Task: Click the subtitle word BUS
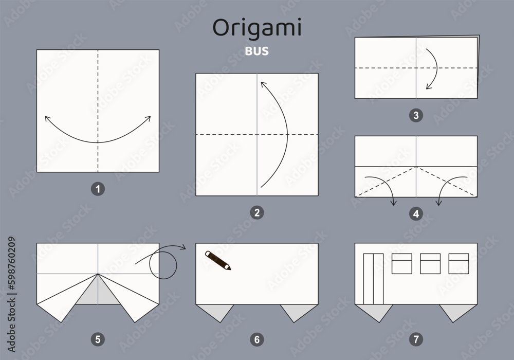coord(256,51)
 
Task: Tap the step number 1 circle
coord(98,189)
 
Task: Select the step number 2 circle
coord(257,212)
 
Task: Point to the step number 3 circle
coord(417,115)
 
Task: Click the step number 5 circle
coord(98,338)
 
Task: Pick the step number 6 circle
coord(257,338)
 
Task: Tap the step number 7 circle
coord(417,338)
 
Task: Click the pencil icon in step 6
coord(218,260)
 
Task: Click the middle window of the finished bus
coord(430,263)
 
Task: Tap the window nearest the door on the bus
coord(402,263)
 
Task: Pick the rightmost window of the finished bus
coord(458,263)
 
